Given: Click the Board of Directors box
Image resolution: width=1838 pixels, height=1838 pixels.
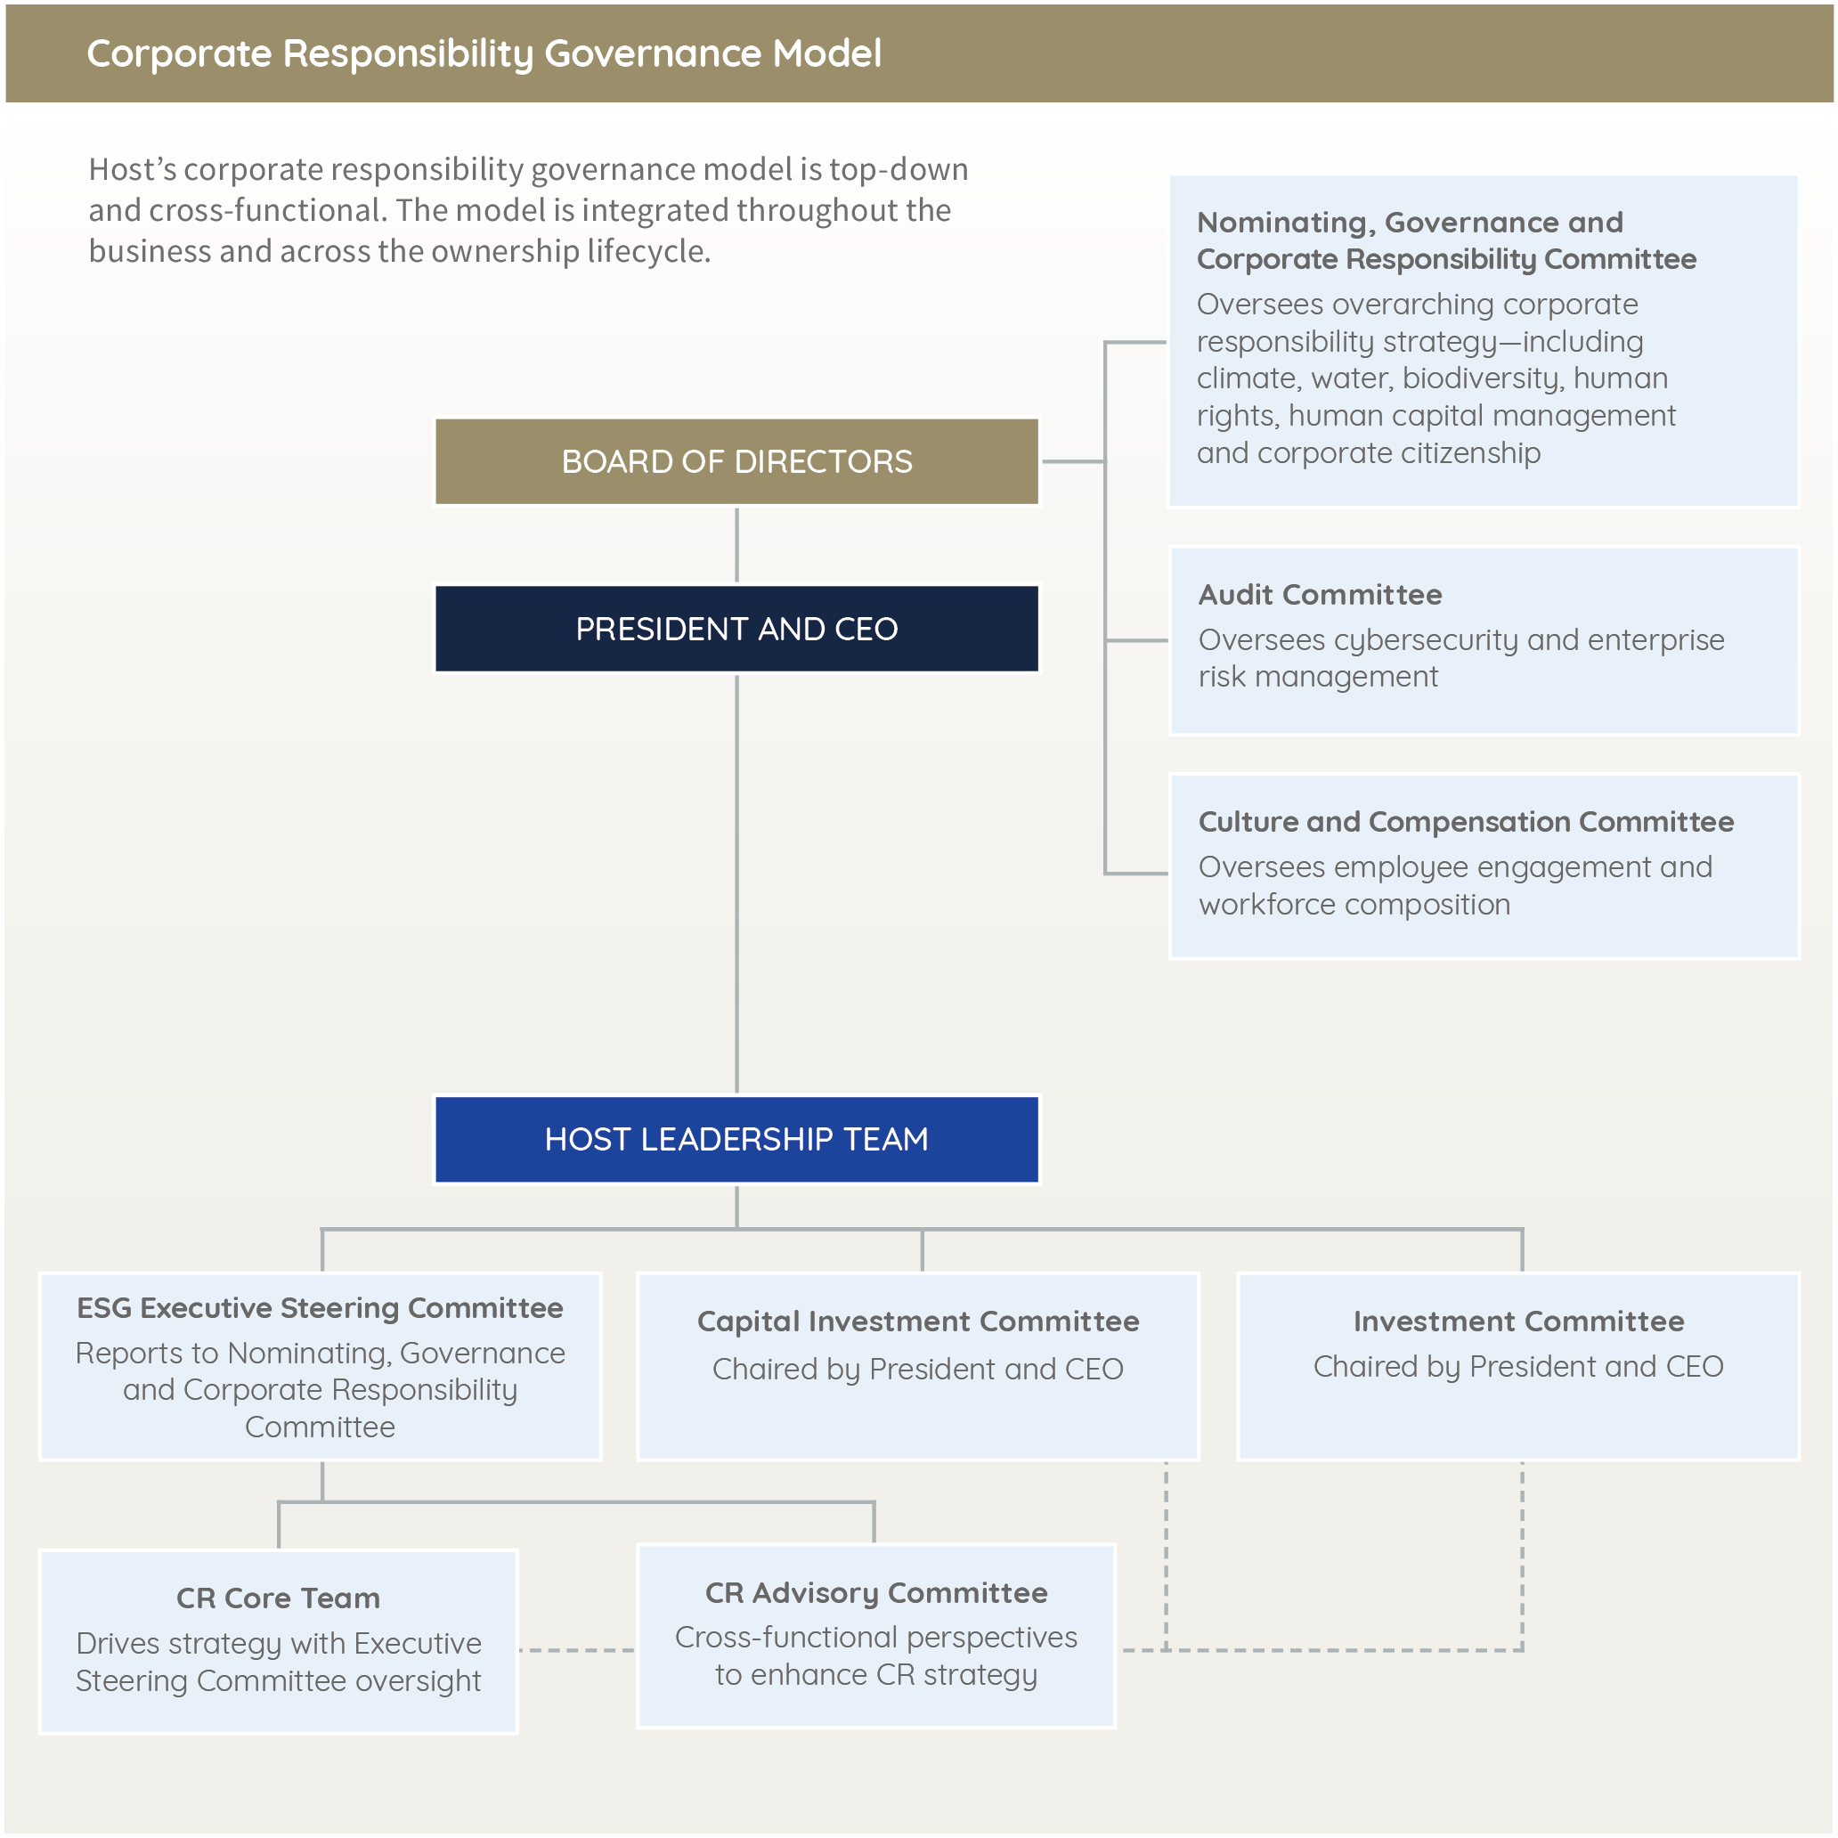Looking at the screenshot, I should tap(736, 461).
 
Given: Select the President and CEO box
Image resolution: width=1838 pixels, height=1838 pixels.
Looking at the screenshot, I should tap(736, 629).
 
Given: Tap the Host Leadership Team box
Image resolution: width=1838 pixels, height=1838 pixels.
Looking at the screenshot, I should tap(736, 1139).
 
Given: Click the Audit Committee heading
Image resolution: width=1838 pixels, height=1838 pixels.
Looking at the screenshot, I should tap(1320, 595).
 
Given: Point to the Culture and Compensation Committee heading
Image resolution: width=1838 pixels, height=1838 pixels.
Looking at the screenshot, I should tap(1465, 821).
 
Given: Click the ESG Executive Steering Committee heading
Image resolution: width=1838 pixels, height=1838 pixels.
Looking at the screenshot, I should tap(320, 1307).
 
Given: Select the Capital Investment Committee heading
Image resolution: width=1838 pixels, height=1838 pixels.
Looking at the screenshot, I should tap(918, 1321).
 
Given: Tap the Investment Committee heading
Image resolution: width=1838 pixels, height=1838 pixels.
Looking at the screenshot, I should tap(1518, 1321).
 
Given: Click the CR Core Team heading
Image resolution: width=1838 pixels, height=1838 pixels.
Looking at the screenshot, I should tap(278, 1598).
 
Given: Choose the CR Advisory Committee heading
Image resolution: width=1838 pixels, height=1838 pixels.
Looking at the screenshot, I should tap(876, 1592).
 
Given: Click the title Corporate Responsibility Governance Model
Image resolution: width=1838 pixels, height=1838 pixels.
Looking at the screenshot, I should tap(484, 53).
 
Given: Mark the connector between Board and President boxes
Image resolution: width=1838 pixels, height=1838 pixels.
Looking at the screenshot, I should tap(736, 544).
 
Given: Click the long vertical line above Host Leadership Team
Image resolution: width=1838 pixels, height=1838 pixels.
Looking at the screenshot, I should tap(736, 885).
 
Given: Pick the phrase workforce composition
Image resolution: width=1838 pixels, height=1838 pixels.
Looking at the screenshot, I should tap(1354, 904).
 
